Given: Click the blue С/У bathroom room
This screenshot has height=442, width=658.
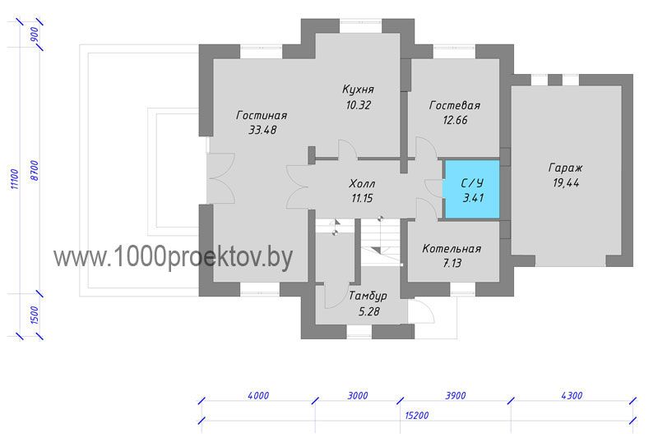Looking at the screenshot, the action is [x=472, y=189].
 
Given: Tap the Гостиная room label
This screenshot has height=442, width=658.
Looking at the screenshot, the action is [x=262, y=115].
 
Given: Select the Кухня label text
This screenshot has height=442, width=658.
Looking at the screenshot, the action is [x=358, y=90].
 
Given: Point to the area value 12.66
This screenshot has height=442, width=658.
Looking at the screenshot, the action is [x=456, y=120].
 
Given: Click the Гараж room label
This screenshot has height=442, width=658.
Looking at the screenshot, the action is [x=566, y=168].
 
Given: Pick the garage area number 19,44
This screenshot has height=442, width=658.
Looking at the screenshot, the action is [x=566, y=183].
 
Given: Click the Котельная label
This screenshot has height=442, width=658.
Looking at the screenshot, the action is [x=452, y=249].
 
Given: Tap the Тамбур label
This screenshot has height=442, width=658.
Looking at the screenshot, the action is [x=368, y=296].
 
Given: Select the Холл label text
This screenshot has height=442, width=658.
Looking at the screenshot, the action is [x=362, y=184].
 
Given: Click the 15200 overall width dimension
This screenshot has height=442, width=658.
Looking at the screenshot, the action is [x=417, y=416].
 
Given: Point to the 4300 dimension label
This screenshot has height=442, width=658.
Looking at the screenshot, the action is [x=572, y=395].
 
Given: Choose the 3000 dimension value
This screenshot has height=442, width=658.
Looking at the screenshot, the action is [x=358, y=395].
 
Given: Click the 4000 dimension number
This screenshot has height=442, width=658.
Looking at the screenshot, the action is [x=258, y=395].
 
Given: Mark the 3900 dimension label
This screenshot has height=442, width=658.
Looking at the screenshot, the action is [x=456, y=395].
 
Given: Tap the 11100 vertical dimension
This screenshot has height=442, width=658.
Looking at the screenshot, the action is [x=15, y=179].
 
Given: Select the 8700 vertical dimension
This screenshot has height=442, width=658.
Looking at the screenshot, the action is [x=35, y=170].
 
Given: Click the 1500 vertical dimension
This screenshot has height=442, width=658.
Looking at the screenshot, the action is [x=35, y=315].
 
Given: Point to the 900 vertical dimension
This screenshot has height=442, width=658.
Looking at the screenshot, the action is [x=35, y=35].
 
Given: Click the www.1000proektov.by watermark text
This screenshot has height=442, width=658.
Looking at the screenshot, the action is [x=173, y=256].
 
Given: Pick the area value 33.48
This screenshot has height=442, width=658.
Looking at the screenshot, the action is [x=262, y=130].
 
